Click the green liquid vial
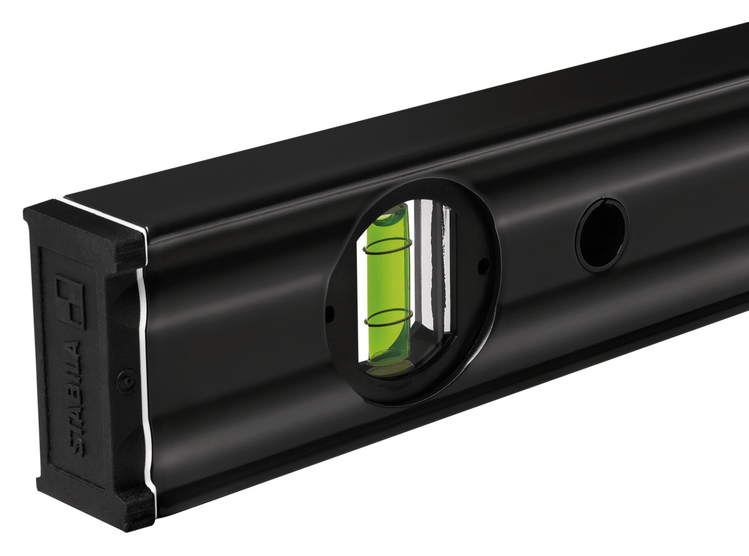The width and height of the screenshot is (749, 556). pos(388,287)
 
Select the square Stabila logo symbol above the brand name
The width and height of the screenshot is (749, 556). pos(69,302)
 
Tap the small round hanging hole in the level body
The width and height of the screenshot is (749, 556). pos(602,235)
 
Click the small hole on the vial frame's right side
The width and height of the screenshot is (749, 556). pos(482,267)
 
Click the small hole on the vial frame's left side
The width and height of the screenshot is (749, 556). pos(331,310)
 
